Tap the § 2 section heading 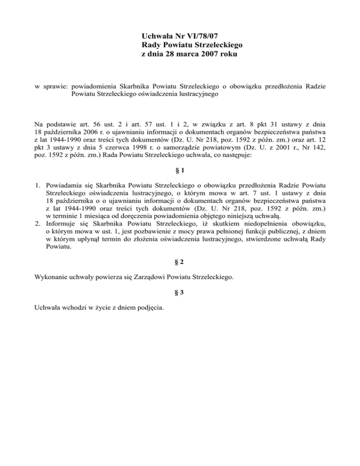coord(180,264)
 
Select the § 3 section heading coord(180,294)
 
